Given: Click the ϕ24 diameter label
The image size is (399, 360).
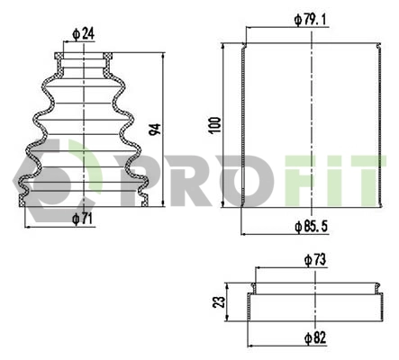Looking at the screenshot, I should click(83, 35).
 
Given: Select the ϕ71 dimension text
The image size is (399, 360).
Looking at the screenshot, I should click(83, 217).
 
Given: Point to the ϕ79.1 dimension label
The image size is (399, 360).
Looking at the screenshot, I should click(310, 17).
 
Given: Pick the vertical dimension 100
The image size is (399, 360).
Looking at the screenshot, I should click(213, 124).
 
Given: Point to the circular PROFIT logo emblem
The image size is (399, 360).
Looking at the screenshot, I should click(41, 180).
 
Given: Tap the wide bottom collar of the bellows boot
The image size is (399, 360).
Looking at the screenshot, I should click(83, 199).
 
